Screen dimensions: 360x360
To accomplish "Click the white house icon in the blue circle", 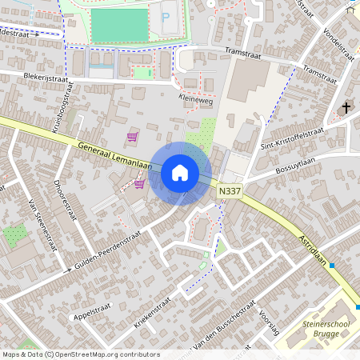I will click(x=180, y=173).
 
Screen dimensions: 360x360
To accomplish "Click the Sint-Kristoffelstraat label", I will click(x=292, y=138).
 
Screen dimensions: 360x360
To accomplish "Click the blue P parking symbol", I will click(x=166, y=17).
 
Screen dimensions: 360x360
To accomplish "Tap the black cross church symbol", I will click(x=346, y=107).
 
